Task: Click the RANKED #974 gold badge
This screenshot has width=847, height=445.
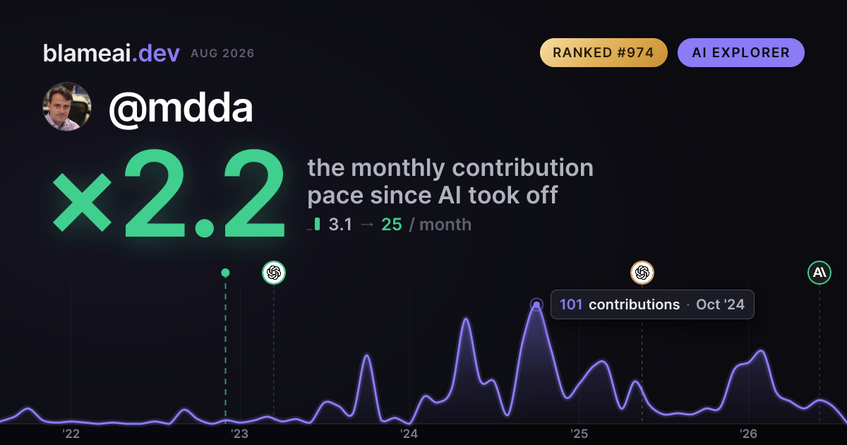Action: tap(603, 52)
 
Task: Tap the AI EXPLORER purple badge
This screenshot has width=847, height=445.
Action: tap(740, 52)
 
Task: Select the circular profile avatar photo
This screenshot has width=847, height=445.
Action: tap(67, 107)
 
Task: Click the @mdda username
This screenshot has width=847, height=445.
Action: tap(181, 108)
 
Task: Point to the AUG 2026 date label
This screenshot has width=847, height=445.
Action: tap(222, 54)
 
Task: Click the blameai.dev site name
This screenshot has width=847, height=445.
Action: tap(112, 53)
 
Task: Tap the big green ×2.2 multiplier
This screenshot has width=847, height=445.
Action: tap(169, 193)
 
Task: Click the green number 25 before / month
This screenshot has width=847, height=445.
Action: tap(391, 225)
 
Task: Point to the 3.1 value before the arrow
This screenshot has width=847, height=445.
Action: tap(340, 225)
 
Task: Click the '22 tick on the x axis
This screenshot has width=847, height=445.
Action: tap(71, 434)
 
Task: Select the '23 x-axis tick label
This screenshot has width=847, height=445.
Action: tap(240, 434)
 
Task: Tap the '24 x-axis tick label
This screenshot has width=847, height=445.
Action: tap(409, 434)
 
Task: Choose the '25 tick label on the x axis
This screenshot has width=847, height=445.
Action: tap(579, 434)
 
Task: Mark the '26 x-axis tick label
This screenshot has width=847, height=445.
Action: tap(748, 434)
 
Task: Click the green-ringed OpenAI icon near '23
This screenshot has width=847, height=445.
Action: tap(274, 273)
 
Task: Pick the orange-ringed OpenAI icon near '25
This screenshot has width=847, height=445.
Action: tap(642, 273)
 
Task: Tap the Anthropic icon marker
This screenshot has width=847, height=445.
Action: tap(819, 273)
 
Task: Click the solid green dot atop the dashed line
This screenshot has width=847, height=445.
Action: tap(225, 273)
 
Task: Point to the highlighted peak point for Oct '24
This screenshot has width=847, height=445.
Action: tap(536, 304)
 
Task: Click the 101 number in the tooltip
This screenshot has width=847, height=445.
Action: tap(570, 304)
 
